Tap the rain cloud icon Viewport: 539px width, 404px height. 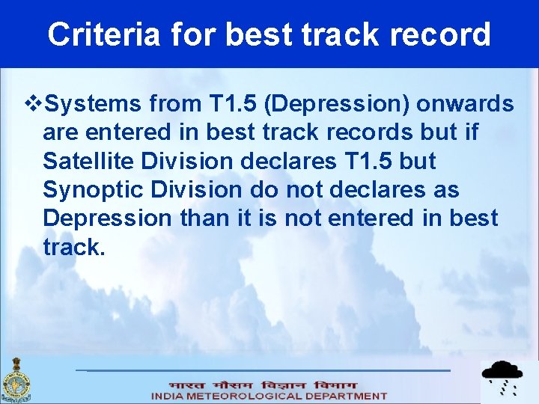(502, 378)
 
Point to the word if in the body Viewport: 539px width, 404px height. (469, 132)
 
